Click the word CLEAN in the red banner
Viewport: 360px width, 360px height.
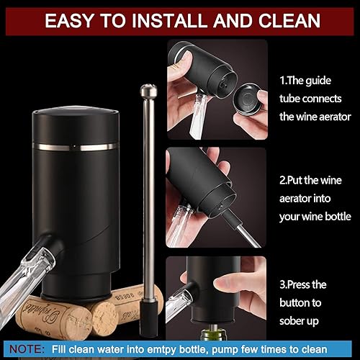289,21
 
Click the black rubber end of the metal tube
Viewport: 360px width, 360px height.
149,318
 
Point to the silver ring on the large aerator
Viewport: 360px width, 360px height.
76,147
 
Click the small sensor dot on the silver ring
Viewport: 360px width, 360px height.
75,146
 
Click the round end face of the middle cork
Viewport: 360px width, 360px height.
104,319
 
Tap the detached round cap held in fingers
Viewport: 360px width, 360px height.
247,98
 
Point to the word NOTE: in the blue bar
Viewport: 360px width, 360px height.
27,348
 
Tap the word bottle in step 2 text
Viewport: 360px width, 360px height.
338,217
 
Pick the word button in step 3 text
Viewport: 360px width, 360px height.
293,302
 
